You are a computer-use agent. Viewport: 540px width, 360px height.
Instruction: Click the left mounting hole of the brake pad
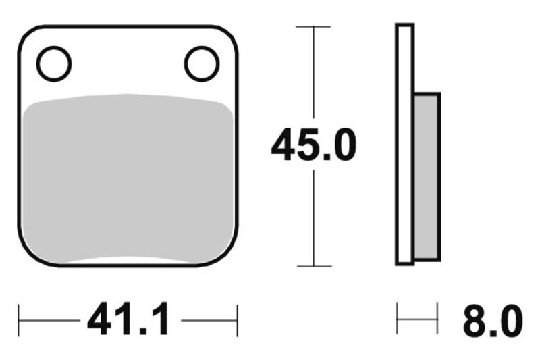tap(54, 64)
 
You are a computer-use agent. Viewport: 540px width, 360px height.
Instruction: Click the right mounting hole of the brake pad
tap(201, 64)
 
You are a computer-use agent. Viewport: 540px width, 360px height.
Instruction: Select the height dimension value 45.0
tap(313, 146)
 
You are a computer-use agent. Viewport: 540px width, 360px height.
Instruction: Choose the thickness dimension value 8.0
tap(492, 320)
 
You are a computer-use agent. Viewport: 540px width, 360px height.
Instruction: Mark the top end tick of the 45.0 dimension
tap(314, 27)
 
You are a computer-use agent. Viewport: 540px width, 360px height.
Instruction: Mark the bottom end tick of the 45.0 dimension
tap(314, 266)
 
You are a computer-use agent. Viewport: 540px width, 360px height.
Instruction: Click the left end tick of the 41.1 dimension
tap(19, 319)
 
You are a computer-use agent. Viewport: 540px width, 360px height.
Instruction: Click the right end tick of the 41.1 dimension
tap(237, 319)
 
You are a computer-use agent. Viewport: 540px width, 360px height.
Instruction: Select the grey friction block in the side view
tap(426, 177)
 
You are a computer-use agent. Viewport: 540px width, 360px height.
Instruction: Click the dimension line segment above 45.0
tap(314, 74)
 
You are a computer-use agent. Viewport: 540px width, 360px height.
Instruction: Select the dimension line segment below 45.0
tap(314, 216)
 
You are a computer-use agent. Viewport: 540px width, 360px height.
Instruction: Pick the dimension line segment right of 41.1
tap(209, 319)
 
